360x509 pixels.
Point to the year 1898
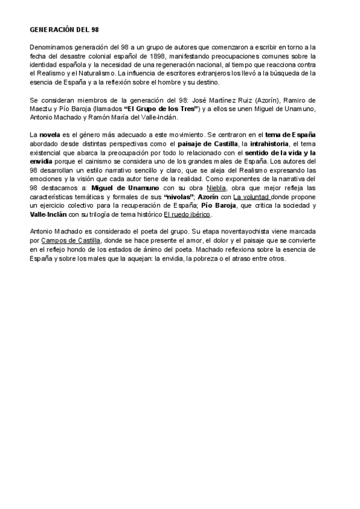152,56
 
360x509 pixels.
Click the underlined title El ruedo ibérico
187,214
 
